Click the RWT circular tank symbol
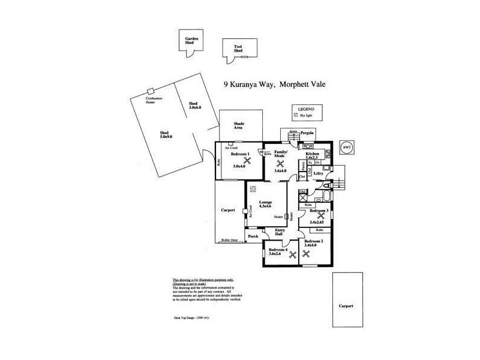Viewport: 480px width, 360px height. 346,147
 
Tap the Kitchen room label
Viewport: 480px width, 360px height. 313,154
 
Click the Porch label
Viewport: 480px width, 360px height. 253,236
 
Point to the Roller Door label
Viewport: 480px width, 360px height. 229,240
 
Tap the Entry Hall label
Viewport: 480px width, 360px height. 280,233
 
